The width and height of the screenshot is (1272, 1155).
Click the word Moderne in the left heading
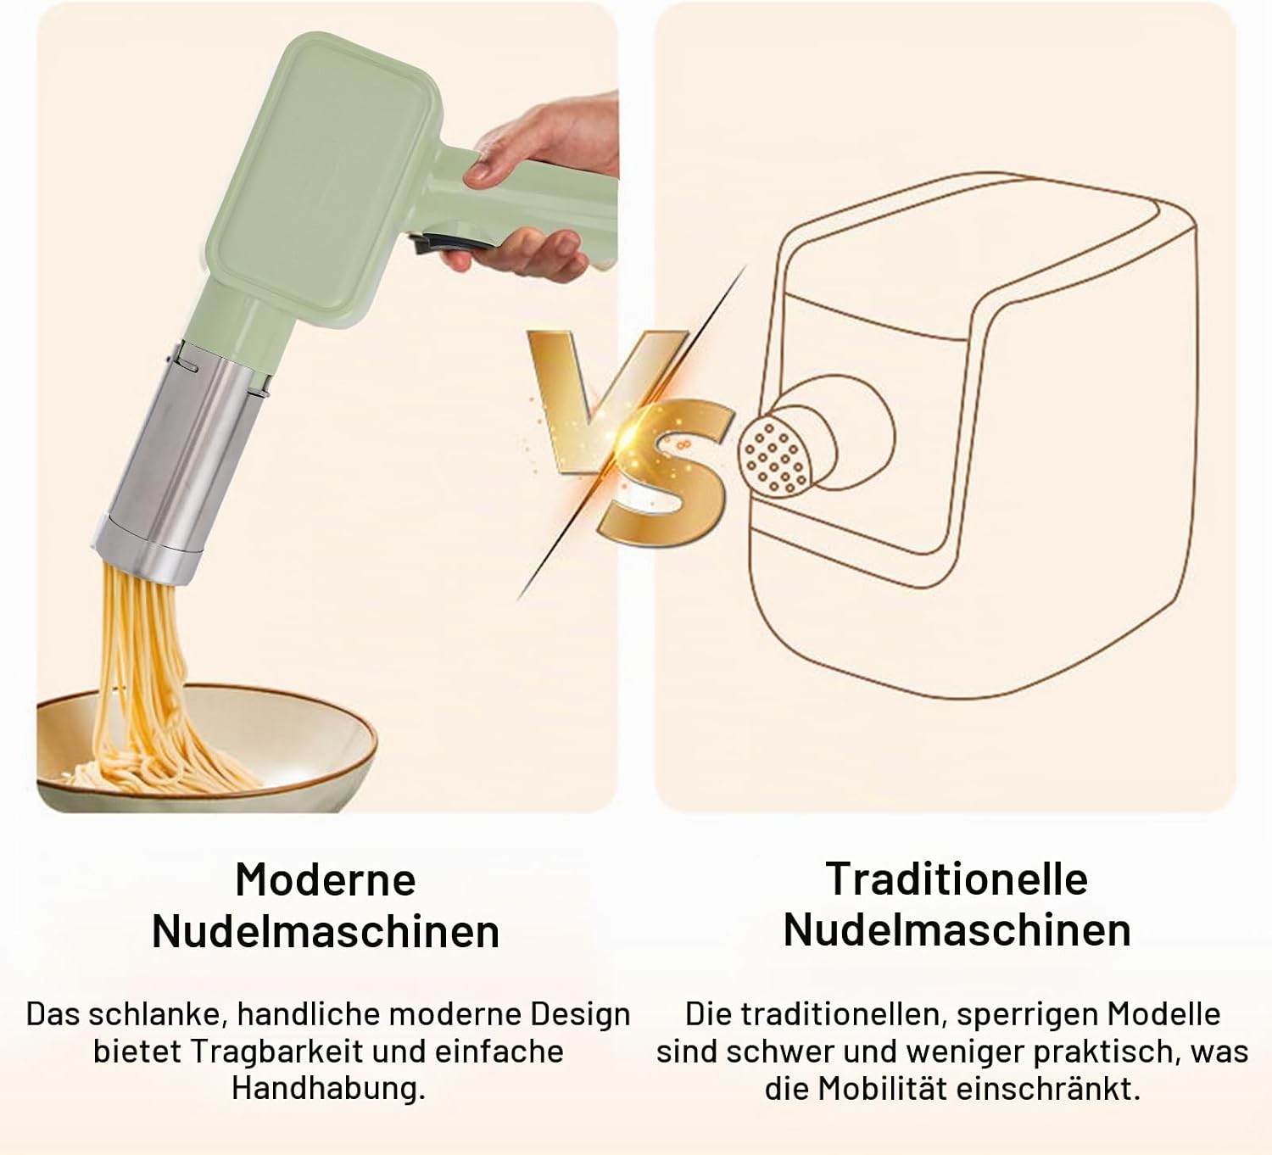[x=326, y=879]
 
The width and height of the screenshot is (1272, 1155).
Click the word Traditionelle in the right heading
[x=957, y=879]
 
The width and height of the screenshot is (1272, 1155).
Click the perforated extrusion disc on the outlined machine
[x=776, y=454]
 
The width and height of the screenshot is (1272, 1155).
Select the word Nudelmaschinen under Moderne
[x=326, y=931]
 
